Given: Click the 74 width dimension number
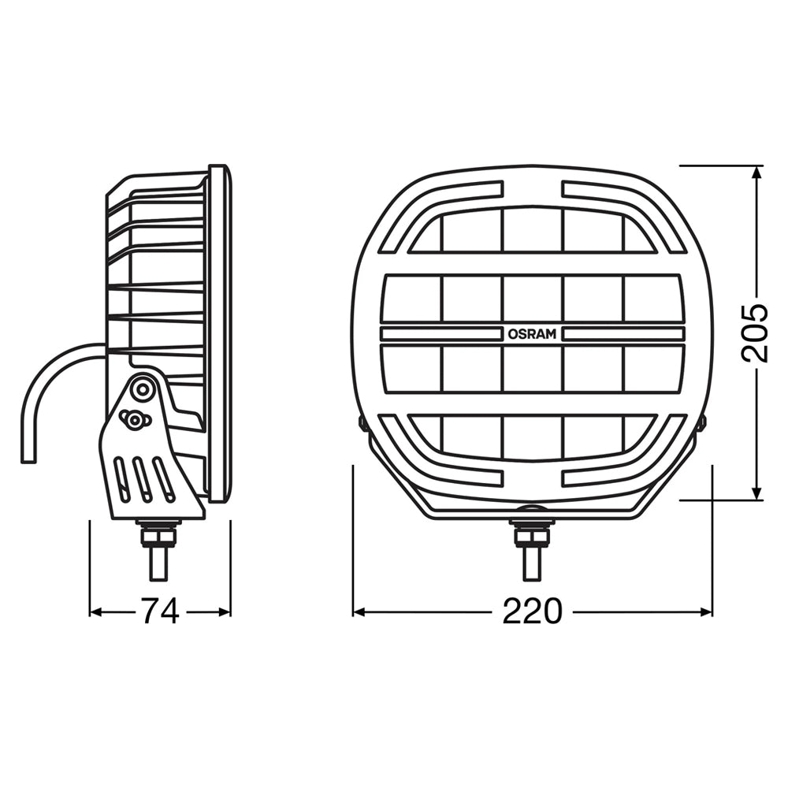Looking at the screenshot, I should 160,611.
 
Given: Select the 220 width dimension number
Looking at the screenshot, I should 533,611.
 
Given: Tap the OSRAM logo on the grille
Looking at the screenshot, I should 532,334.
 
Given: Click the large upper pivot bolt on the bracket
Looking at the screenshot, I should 143,388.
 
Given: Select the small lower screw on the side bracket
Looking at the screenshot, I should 135,420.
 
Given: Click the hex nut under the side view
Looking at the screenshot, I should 158,537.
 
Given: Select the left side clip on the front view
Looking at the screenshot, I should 364,423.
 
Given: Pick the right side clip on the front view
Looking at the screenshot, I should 701,423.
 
